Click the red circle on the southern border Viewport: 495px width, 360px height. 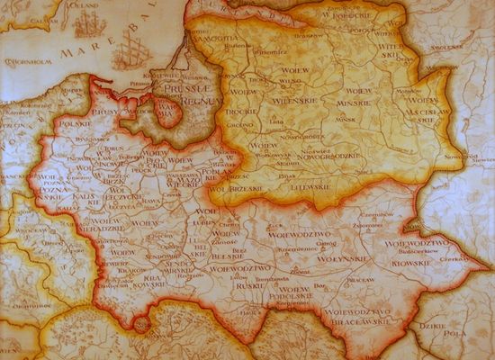(140, 321)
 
